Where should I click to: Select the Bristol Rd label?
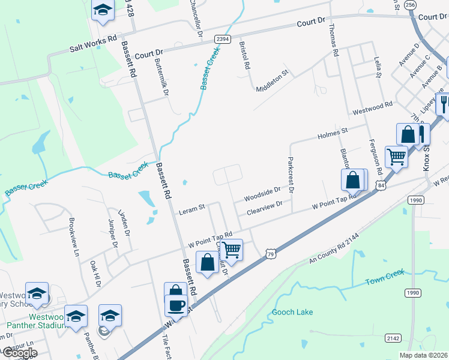click(244, 56)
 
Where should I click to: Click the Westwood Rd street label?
click(372, 109)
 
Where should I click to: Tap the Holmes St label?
click(333, 131)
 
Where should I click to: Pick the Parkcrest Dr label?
click(291, 175)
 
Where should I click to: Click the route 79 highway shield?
click(270, 255)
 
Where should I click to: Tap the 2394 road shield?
click(223, 38)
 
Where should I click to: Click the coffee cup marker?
click(176, 305)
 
